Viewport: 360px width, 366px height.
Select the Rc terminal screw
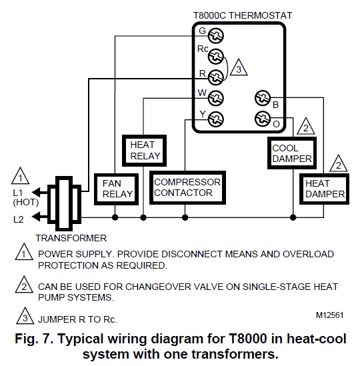(215, 56)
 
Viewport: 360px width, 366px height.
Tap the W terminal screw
(215, 98)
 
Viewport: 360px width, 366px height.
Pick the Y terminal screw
(215, 119)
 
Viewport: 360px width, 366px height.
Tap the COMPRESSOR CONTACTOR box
(187, 187)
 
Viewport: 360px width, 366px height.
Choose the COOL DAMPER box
(292, 153)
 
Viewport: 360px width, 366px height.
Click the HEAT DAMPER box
(325, 188)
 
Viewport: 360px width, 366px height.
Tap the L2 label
(19, 218)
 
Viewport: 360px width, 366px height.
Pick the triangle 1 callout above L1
(22, 179)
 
